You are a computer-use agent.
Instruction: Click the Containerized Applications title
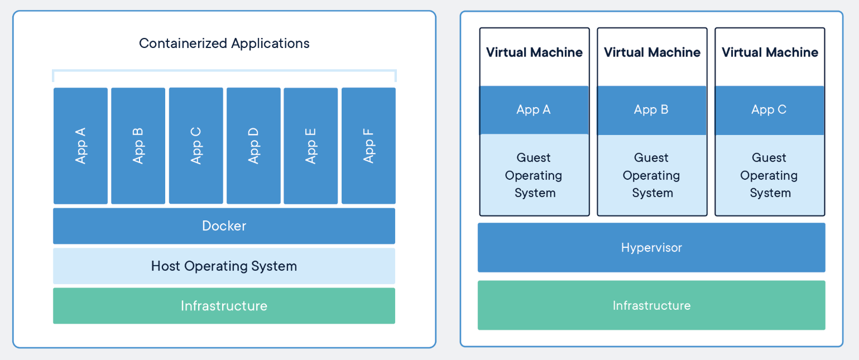(x=224, y=44)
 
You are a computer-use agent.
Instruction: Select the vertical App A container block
(x=80, y=146)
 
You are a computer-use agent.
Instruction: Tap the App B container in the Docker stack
(x=138, y=146)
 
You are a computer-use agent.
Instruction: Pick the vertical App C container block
(x=196, y=146)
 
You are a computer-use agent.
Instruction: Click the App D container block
(x=253, y=146)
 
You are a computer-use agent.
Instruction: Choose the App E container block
(x=311, y=146)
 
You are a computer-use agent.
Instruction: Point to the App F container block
(x=368, y=146)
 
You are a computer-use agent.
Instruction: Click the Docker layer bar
(x=224, y=226)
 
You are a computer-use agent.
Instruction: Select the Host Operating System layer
(x=224, y=266)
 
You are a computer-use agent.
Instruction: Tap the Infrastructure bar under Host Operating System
(x=224, y=306)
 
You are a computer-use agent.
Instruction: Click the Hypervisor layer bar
(x=651, y=248)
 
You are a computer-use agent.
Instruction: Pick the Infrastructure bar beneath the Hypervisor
(x=651, y=305)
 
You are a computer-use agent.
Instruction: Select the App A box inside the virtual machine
(x=534, y=110)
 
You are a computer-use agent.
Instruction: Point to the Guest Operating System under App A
(x=534, y=175)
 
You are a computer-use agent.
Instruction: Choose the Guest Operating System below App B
(x=652, y=175)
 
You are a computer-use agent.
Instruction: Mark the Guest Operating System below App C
(x=770, y=175)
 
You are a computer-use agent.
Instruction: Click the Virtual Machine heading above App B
(x=652, y=52)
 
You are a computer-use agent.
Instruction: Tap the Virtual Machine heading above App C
(x=770, y=52)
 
